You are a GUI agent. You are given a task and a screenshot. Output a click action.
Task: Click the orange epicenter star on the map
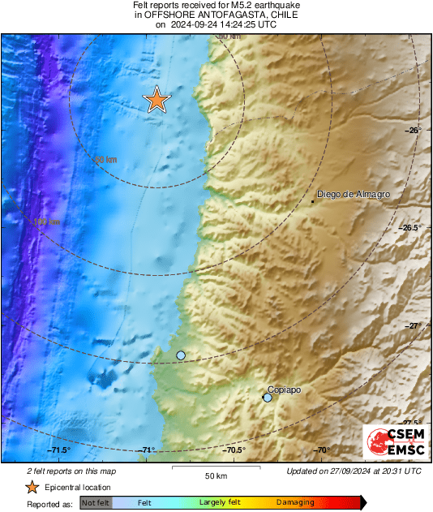click(x=157, y=100)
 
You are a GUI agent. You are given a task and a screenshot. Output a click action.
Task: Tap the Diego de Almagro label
click(x=354, y=195)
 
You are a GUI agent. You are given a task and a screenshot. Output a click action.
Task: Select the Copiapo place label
click(x=284, y=389)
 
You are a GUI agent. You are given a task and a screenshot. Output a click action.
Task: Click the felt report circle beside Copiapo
click(x=268, y=398)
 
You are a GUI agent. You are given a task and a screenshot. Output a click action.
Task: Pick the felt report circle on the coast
click(x=181, y=355)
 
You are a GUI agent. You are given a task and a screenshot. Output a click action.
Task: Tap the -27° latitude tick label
click(x=411, y=325)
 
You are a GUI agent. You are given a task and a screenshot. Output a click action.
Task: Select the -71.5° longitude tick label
click(x=58, y=450)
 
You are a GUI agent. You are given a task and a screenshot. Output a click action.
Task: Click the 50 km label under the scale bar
click(x=216, y=475)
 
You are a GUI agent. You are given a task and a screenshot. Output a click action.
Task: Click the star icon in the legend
click(x=32, y=487)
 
